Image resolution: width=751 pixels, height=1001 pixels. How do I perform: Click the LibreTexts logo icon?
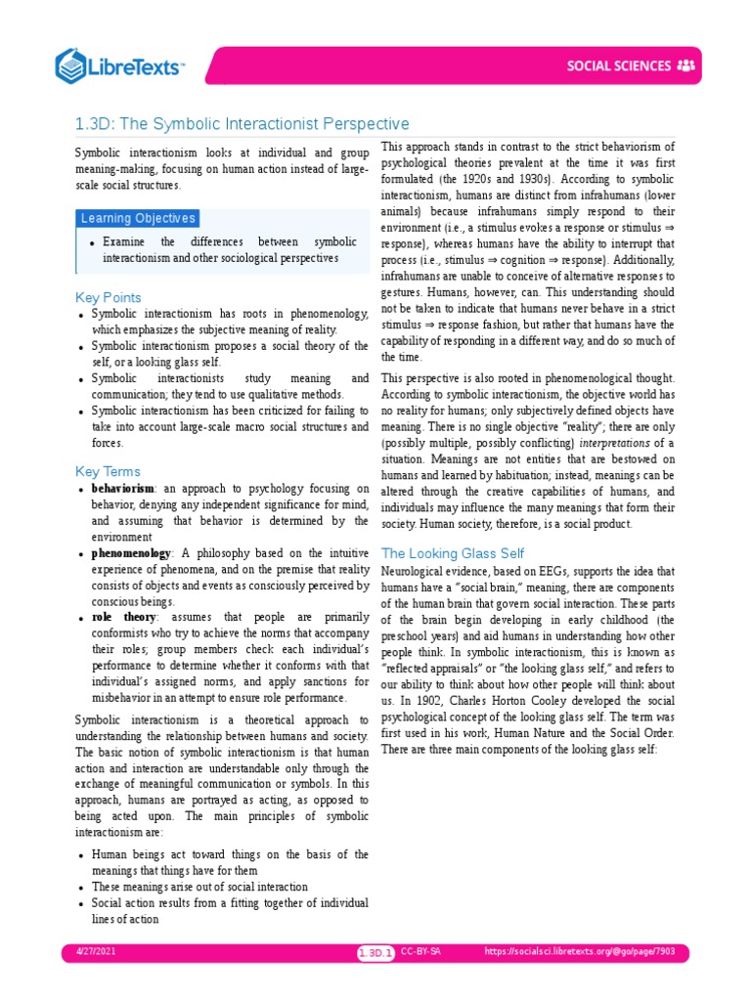[x=72, y=65]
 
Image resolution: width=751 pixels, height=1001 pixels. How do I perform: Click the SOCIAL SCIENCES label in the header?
[x=619, y=66]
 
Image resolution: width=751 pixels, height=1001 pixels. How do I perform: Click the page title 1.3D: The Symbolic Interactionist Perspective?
[x=242, y=124]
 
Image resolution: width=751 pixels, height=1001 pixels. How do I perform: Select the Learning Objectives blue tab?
[x=138, y=218]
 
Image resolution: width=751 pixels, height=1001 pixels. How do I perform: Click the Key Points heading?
[x=109, y=297]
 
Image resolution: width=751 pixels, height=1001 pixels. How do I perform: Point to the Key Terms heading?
[x=108, y=471]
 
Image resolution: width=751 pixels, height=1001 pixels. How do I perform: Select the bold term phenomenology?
[x=131, y=553]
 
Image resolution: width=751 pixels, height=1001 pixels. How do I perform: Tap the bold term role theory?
[x=124, y=618]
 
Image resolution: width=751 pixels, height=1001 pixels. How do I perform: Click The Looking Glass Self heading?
[x=453, y=553]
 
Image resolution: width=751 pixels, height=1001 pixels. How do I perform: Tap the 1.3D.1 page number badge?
[x=375, y=953]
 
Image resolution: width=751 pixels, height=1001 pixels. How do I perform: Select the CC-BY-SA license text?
[x=421, y=952]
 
